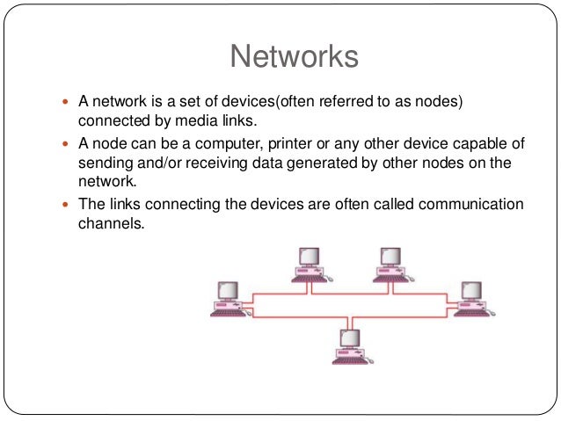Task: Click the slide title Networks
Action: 294,57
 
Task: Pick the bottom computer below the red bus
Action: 348,345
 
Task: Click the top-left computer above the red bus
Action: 307,265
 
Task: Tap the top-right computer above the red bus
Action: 390,265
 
